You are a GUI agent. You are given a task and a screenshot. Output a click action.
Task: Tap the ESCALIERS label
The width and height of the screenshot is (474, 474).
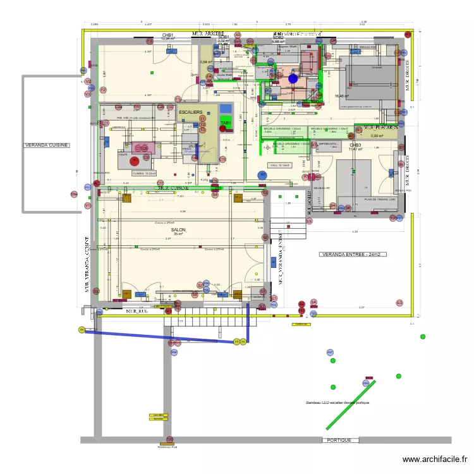click(190, 112)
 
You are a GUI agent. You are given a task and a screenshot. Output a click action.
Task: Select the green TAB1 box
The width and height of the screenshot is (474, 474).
click(226, 124)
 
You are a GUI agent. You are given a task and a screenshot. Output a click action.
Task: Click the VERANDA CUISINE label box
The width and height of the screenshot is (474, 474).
click(47, 145)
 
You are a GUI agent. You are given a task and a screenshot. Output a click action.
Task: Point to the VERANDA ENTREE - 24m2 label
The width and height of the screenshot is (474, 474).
click(354, 255)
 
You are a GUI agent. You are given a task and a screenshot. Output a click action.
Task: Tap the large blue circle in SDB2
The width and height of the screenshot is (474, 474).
click(293, 79)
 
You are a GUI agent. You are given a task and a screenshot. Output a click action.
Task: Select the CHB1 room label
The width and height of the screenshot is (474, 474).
click(168, 35)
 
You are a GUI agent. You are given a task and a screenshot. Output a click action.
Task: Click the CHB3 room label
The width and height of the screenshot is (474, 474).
click(355, 145)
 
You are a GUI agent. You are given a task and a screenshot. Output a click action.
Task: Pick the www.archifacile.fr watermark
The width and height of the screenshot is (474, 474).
click(435, 460)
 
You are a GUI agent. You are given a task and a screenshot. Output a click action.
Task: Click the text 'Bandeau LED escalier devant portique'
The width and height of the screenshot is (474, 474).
click(337, 403)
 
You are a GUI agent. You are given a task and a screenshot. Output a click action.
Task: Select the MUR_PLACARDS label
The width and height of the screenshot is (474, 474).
click(380, 127)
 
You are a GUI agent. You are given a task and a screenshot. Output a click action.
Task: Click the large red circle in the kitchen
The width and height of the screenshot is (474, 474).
click(135, 161)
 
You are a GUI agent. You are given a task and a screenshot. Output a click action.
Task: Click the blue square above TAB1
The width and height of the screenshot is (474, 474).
click(226, 108)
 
